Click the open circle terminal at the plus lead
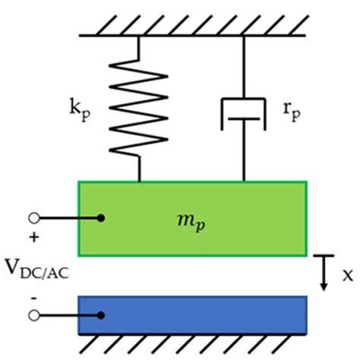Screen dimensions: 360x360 coord(32,219)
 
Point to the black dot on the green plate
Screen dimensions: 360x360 coord(100,219)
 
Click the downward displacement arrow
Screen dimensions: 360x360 coord(323,273)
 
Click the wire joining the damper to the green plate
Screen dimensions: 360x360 coord(244,159)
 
